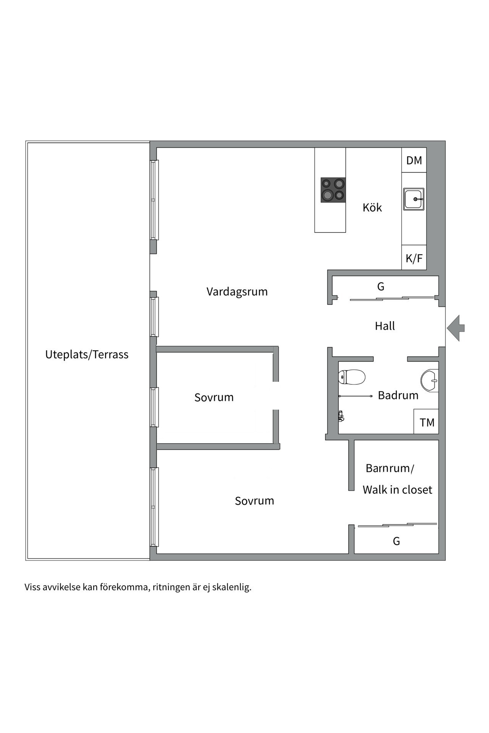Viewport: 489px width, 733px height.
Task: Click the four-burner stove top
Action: tap(333, 190)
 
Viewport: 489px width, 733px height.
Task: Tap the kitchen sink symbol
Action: tap(414, 199)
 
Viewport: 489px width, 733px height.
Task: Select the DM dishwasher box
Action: tap(414, 160)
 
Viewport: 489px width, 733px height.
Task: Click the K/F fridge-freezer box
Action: tap(414, 258)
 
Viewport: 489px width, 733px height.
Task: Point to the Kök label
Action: tap(372, 208)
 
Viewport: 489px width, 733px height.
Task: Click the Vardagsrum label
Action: tap(237, 292)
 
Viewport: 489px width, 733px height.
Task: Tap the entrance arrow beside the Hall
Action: tap(455, 328)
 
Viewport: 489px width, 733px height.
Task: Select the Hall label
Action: tap(385, 326)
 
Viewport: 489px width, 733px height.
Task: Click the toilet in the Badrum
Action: tap(352, 377)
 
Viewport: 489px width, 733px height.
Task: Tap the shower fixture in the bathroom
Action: tap(341, 416)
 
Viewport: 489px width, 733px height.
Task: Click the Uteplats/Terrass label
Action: tap(87, 355)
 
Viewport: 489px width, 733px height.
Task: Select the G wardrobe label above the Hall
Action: tap(381, 287)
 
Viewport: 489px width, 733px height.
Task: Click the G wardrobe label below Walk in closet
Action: tap(396, 541)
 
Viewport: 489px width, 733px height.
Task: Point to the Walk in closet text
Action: tap(397, 490)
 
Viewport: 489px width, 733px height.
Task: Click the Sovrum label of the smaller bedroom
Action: tap(214, 397)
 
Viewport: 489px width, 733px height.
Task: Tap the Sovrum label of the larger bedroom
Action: tap(254, 501)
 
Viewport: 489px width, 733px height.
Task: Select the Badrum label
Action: tap(398, 395)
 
